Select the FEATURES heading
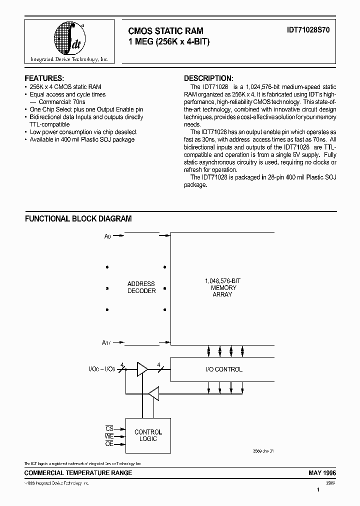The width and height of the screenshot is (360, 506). tap(44, 78)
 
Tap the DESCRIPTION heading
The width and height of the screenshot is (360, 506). tap(208, 78)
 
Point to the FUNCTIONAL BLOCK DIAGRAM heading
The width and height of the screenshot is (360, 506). tap(78, 218)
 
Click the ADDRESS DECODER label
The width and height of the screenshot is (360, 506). tap(141, 287)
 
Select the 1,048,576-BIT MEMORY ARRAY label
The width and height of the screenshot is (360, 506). tap(223, 288)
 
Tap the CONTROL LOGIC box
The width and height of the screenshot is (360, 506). tap(148, 435)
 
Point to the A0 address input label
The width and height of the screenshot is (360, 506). tap(107, 236)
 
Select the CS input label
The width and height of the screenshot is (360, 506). tap(108, 428)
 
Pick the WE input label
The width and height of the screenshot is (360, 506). tap(108, 436)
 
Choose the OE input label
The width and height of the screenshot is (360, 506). tap(108, 444)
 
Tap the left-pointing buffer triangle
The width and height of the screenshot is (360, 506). tap(153, 394)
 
